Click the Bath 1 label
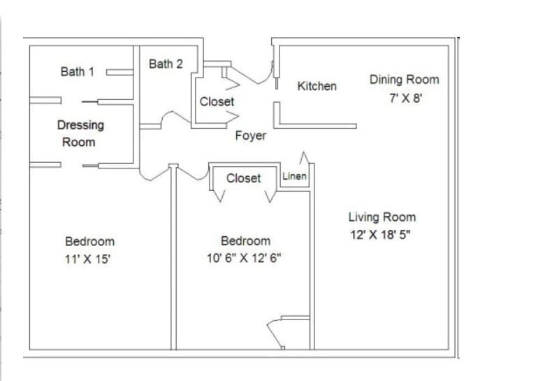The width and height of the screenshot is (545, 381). pyautogui.click(x=77, y=71)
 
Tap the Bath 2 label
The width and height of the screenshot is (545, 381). pyautogui.click(x=166, y=64)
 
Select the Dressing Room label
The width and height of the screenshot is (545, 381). pyautogui.click(x=80, y=134)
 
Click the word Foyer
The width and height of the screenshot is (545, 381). pyautogui.click(x=251, y=136)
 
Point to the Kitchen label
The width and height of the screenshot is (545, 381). pyautogui.click(x=317, y=86)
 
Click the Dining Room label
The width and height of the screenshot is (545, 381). pyautogui.click(x=405, y=80)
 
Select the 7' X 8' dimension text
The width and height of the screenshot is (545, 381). pyautogui.click(x=406, y=98)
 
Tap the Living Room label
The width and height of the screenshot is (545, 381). pyautogui.click(x=382, y=217)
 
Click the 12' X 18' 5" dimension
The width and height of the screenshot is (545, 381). pyautogui.click(x=380, y=235)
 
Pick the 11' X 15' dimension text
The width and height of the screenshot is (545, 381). pyautogui.click(x=87, y=259)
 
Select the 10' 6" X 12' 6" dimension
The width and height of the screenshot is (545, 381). pyautogui.click(x=244, y=258)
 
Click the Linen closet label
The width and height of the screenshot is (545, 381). pyautogui.click(x=294, y=176)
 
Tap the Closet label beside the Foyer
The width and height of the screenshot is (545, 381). pyautogui.click(x=217, y=101)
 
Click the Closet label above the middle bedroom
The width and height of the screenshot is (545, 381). pyautogui.click(x=243, y=178)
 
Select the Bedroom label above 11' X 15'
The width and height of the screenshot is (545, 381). pyautogui.click(x=89, y=242)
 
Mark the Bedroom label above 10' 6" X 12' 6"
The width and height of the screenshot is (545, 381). pyautogui.click(x=246, y=241)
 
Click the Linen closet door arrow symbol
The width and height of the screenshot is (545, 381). pyautogui.click(x=304, y=157)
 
